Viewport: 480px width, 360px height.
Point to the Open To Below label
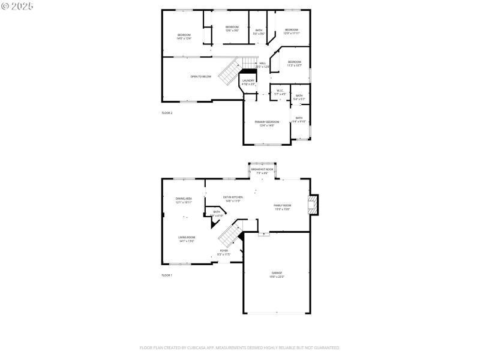coord(201,77)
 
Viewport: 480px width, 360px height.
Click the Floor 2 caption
coord(167,113)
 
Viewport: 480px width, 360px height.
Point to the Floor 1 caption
coord(167,275)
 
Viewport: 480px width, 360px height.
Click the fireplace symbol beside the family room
coord(313,205)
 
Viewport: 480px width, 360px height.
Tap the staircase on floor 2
coord(230,71)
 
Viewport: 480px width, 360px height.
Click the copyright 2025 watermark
coord(17,5)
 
